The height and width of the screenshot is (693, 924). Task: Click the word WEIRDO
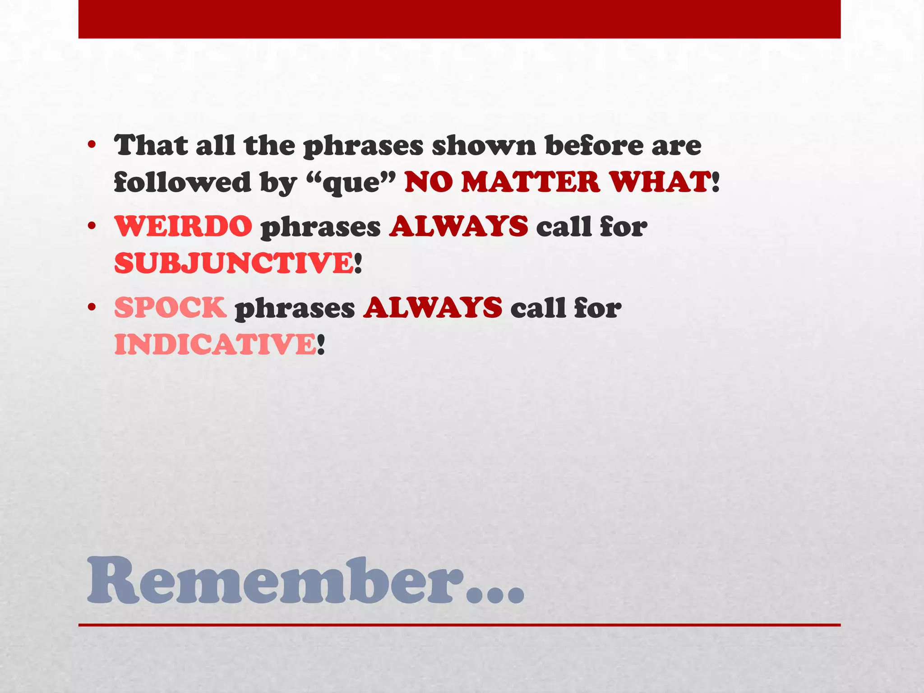pyautogui.click(x=183, y=226)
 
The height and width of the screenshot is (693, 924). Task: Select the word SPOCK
pyautogui.click(x=170, y=308)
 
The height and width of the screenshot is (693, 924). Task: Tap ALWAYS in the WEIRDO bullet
pyautogui.click(x=458, y=226)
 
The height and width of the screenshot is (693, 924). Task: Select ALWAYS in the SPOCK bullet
pyautogui.click(x=433, y=308)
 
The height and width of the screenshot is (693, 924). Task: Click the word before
pyautogui.click(x=594, y=145)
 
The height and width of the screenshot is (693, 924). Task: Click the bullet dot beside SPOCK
pyautogui.click(x=92, y=307)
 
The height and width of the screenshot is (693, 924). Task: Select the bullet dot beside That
pyautogui.click(x=92, y=145)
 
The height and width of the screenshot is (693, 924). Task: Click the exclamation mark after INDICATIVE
pyautogui.click(x=320, y=345)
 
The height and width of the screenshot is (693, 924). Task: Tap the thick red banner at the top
pyautogui.click(x=459, y=19)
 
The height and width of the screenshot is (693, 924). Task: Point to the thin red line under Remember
pyautogui.click(x=459, y=625)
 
